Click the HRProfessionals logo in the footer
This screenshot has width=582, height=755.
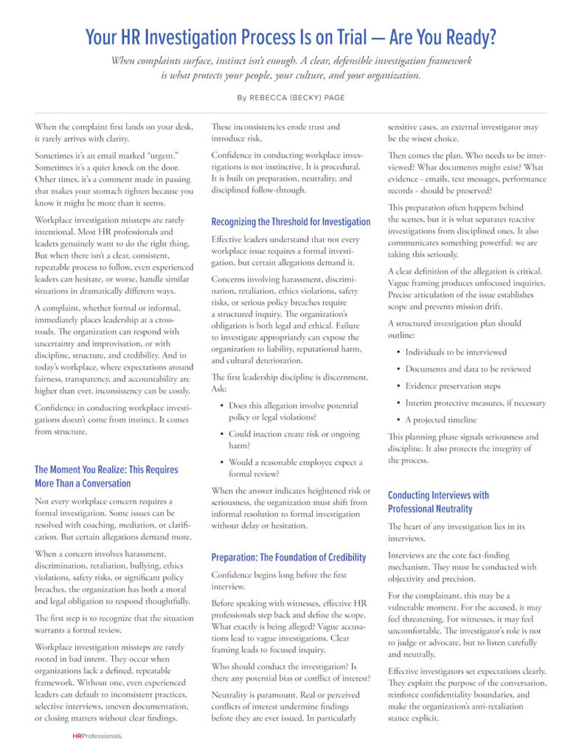pyautogui.click(x=97, y=736)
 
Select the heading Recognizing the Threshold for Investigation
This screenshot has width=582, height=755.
pyautogui.click(x=291, y=222)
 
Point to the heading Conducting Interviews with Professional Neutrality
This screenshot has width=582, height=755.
pyautogui.click(x=438, y=502)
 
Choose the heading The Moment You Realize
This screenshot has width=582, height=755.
pyautogui.click(x=106, y=476)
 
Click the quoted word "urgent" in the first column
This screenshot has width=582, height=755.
pyautogui.click(x=165, y=157)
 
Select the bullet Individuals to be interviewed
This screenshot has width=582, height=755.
pyautogui.click(x=456, y=352)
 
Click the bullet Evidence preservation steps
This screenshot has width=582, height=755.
pyautogui.click(x=452, y=386)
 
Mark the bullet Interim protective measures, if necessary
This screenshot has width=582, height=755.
pyautogui.click(x=475, y=403)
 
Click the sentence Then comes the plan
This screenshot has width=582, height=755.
pyautogui.click(x=428, y=156)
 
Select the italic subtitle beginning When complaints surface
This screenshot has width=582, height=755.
pyautogui.click(x=291, y=68)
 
